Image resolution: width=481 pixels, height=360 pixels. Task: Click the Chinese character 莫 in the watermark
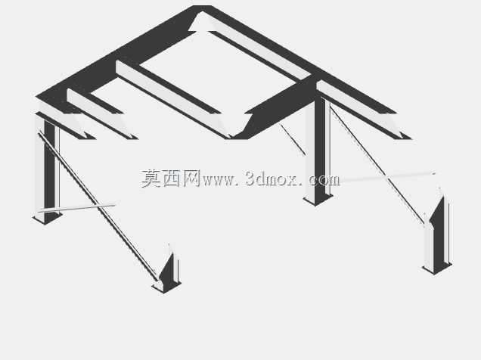click(x=151, y=178)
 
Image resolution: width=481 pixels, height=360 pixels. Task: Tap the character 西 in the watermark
click(x=172, y=178)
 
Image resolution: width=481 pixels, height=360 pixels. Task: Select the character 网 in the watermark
click(x=192, y=178)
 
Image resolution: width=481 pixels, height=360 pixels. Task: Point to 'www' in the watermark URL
click(x=216, y=180)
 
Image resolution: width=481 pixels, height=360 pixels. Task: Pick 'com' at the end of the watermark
click(x=324, y=180)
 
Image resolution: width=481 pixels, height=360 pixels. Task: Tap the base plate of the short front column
click(x=166, y=287)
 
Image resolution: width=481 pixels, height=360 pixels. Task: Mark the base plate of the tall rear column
click(x=318, y=199)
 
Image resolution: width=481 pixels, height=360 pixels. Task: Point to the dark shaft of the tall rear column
click(x=320, y=147)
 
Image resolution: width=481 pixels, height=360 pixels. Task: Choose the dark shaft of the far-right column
click(x=439, y=233)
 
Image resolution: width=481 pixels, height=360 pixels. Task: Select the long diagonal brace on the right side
click(x=377, y=165)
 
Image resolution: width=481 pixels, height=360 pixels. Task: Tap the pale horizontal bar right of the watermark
click(x=388, y=176)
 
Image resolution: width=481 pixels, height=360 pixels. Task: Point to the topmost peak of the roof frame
click(x=202, y=6)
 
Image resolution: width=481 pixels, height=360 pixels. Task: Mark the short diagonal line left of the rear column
click(x=293, y=139)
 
